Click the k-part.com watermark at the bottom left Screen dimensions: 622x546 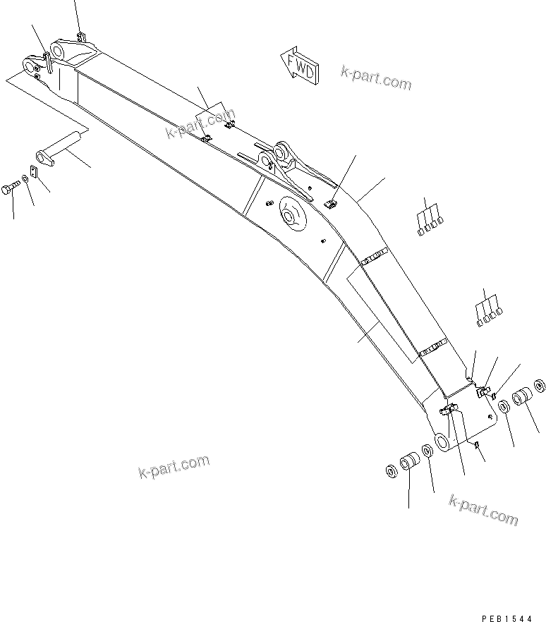[174, 467]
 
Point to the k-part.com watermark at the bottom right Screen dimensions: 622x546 [483, 509]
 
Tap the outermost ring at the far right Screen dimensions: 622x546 [540, 386]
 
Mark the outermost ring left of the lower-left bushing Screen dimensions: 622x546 [392, 471]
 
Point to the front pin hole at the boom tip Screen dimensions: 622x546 [30, 66]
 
